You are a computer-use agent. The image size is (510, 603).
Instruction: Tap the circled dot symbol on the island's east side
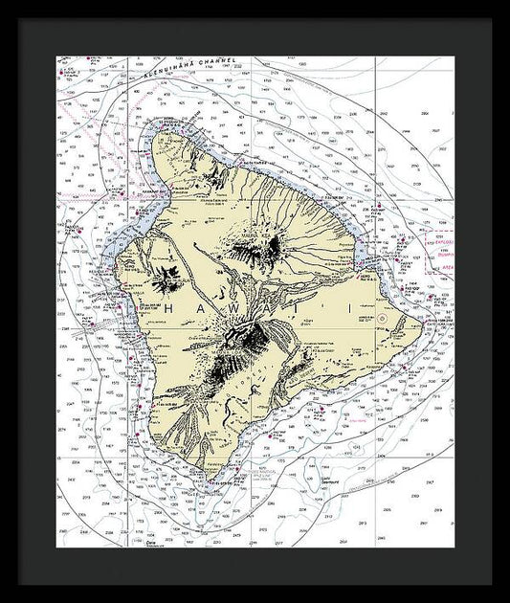381,317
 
